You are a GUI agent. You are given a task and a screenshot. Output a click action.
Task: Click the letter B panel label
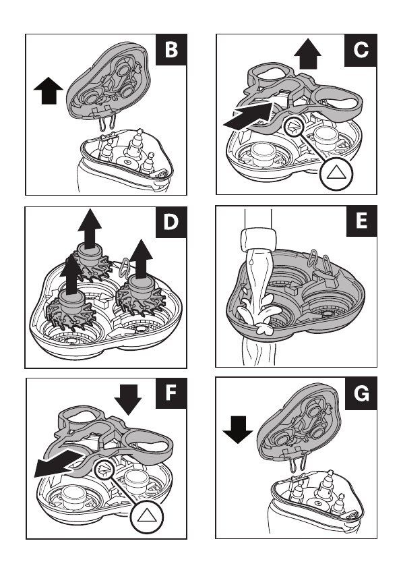[x=171, y=49]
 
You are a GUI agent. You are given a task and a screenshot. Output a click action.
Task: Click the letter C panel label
[x=361, y=50]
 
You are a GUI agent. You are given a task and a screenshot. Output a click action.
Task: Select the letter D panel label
[x=171, y=222]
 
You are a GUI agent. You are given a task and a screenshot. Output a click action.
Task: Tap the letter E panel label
[x=362, y=221]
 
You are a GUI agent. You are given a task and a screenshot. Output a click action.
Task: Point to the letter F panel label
[x=171, y=393]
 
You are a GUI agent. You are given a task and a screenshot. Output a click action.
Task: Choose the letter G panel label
[x=361, y=393]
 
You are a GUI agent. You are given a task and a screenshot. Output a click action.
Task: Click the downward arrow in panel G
[x=238, y=430]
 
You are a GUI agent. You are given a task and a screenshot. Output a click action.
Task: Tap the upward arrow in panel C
[x=307, y=54]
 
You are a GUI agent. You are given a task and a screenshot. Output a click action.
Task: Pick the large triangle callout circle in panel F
[x=146, y=517]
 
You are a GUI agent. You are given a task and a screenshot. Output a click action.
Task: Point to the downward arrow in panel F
[x=128, y=399]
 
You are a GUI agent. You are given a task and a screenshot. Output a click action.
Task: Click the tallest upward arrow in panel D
[x=90, y=227]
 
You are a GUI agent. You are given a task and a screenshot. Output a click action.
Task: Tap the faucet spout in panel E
[x=258, y=239]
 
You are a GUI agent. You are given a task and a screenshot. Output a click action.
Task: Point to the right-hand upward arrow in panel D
[x=141, y=258]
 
